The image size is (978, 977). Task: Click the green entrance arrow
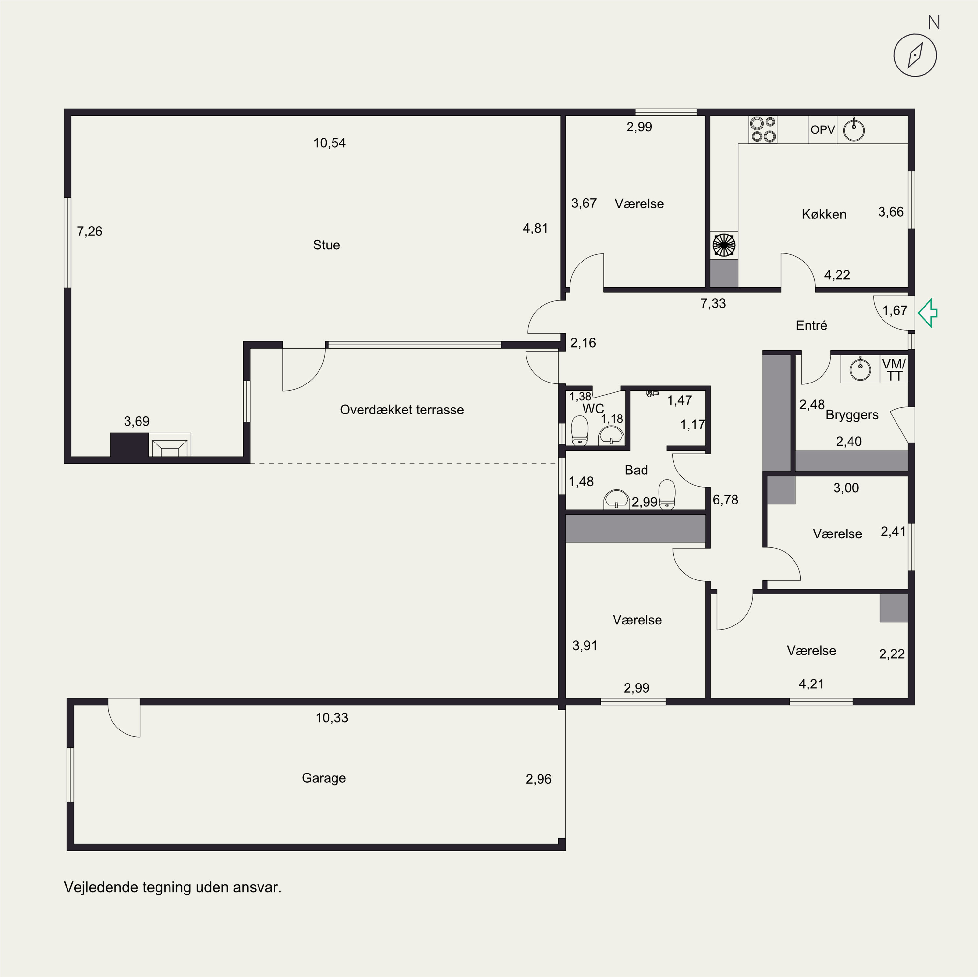[x=927, y=313]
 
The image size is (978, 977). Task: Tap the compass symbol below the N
[x=915, y=55]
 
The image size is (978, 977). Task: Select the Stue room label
[x=327, y=245]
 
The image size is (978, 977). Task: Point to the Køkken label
[x=824, y=214]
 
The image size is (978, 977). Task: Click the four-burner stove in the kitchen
[x=763, y=130]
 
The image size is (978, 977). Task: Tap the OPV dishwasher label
[x=822, y=130]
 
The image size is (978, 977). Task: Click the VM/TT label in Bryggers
[x=894, y=370]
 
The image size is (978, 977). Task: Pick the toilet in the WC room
[x=580, y=431]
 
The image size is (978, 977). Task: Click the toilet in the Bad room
[x=667, y=494]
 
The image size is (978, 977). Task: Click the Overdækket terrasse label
[x=402, y=410]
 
